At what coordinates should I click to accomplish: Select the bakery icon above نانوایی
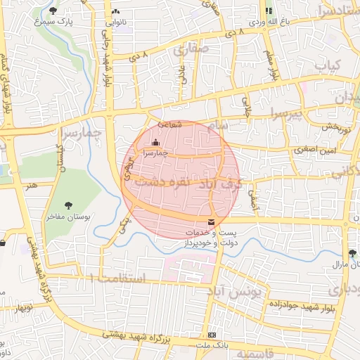pyautogui.click(x=115, y=12)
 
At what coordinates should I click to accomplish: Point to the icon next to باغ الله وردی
pyautogui.click(x=268, y=11)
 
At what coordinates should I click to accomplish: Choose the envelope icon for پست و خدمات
pyautogui.click(x=212, y=223)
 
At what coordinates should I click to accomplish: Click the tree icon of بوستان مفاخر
pyautogui.click(x=68, y=205)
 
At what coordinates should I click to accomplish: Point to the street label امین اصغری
pyautogui.click(x=315, y=150)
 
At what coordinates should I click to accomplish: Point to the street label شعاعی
pyautogui.click(x=171, y=124)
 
